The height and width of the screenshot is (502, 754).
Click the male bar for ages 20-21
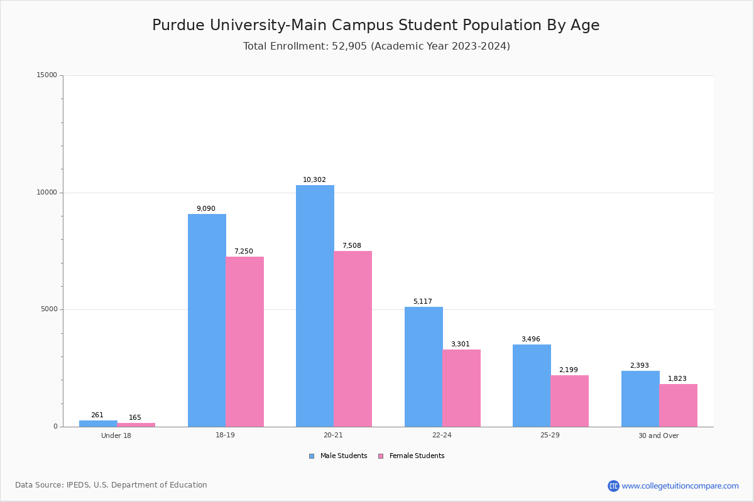click(x=315, y=306)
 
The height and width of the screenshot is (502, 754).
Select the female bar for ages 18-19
click(x=245, y=341)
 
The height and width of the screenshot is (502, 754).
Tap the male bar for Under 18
click(x=98, y=424)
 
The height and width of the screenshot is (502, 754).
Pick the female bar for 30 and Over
click(x=678, y=405)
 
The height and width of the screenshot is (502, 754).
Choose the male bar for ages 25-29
click(x=532, y=385)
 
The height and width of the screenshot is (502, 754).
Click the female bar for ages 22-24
click(x=461, y=388)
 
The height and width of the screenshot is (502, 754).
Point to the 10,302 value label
click(x=314, y=180)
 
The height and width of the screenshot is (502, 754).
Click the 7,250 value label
click(x=243, y=252)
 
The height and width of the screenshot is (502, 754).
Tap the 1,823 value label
click(x=677, y=379)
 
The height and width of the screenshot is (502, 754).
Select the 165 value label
click(x=135, y=418)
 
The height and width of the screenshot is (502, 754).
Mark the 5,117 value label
click(x=422, y=302)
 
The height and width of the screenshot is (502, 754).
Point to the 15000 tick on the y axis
click(x=46, y=75)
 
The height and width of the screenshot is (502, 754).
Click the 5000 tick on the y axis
click(x=48, y=309)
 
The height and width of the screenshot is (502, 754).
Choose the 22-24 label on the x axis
click(x=442, y=435)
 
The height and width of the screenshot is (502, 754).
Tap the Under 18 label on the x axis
click(x=116, y=435)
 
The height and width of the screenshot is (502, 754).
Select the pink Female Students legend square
click(x=381, y=456)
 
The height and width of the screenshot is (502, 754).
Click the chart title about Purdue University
click(x=376, y=25)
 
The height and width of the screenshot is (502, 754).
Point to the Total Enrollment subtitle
click(x=376, y=46)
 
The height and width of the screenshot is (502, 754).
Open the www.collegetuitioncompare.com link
click(x=680, y=486)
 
